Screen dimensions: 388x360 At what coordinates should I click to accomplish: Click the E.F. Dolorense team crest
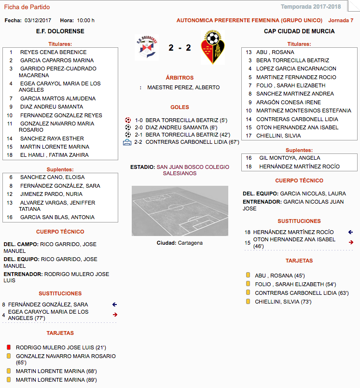click(x=147, y=47)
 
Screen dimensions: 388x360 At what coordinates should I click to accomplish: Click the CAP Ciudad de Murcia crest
click(x=212, y=47)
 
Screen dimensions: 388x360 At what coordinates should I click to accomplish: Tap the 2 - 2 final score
click(x=180, y=48)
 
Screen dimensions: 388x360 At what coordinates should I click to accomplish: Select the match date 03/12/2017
click(x=38, y=20)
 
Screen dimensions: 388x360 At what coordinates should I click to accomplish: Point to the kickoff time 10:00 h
click(x=86, y=20)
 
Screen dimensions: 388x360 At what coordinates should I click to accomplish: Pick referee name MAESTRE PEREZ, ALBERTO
click(x=183, y=87)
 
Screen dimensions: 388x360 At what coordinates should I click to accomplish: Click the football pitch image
click(x=180, y=210)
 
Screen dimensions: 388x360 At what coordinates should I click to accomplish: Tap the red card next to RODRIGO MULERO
click(x=8, y=347)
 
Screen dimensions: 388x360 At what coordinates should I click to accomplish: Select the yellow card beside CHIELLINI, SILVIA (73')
click(x=248, y=302)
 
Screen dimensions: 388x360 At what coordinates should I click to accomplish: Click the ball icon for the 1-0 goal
click(x=128, y=120)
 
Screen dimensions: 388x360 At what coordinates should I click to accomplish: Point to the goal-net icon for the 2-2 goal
click(x=127, y=142)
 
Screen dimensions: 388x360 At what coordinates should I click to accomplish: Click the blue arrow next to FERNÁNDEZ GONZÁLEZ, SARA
click(x=115, y=305)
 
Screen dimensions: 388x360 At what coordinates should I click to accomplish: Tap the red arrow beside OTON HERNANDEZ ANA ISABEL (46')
click(x=351, y=242)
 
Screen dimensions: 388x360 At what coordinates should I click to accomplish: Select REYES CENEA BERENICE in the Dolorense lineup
click(x=53, y=52)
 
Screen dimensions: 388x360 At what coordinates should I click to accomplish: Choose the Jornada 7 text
click(x=341, y=20)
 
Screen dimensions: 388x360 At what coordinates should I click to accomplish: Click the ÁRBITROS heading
click(x=180, y=78)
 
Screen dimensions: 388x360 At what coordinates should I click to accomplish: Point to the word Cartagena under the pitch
click(x=190, y=243)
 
